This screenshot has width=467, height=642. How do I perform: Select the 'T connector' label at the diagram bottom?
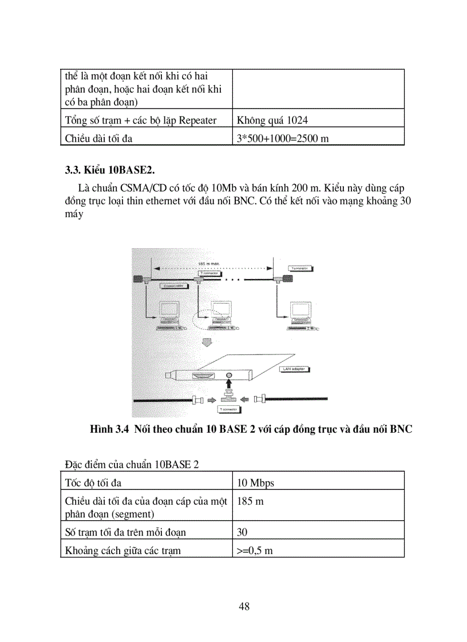[228, 410]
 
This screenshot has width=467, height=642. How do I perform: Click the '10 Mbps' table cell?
[255, 483]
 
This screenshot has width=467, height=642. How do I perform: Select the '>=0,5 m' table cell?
[255, 551]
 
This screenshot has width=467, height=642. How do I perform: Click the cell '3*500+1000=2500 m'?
[282, 138]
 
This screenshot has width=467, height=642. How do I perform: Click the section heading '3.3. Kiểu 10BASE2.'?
[110, 170]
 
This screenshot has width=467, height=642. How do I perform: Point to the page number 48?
[244, 607]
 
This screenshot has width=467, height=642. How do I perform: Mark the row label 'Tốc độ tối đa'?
[93, 483]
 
